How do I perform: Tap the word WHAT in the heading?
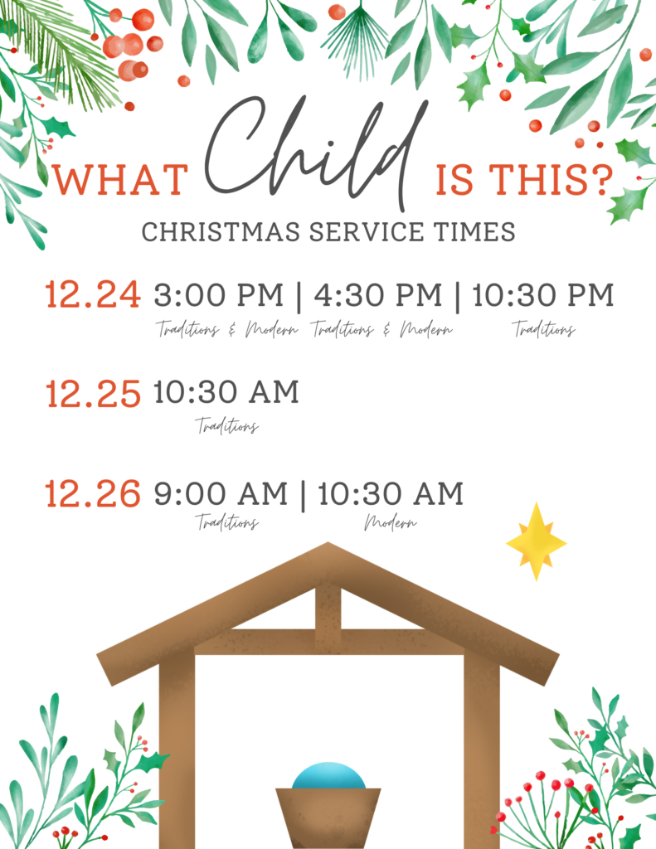pos(120,180)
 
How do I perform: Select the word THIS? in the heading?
pos(551,179)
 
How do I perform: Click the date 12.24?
pos(93,295)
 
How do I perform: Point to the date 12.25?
pos(93,394)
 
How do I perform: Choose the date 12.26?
pos(93,494)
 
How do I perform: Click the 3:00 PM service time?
pos(219,295)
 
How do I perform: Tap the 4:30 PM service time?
pos(378,295)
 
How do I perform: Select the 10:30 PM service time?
pos(543,295)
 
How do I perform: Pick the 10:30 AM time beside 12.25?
pos(226,392)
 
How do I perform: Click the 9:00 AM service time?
pos(221,494)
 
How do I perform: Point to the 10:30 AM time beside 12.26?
pos(391,494)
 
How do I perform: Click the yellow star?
pos(537,541)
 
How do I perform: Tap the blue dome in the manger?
pos(328,776)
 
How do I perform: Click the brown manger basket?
pos(328,817)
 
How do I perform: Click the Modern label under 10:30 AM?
pos(391,522)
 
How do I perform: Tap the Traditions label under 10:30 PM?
pos(544,328)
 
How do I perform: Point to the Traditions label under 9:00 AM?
pos(227,522)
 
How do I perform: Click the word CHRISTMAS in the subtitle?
pos(221,232)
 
